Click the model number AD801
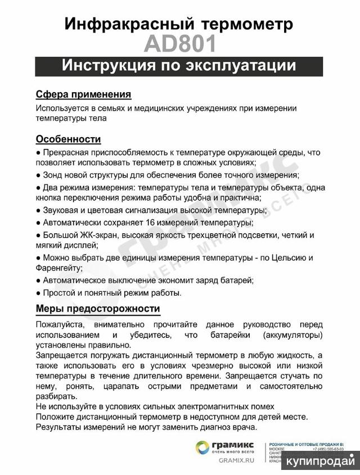click(179, 43)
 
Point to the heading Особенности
click(68, 139)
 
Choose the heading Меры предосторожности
click(98, 309)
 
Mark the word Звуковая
click(60, 210)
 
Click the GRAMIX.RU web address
click(237, 460)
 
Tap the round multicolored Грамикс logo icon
click(202, 447)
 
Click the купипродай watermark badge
click(321, 461)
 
